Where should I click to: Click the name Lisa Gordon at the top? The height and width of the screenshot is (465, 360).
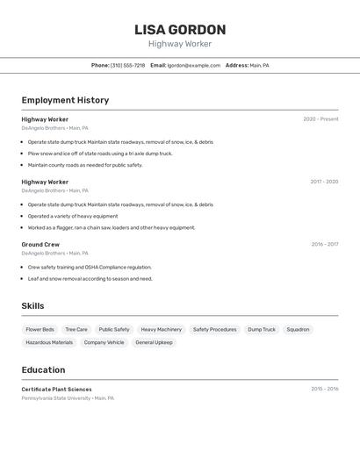point(180,30)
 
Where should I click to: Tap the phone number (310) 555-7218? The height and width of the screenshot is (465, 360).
point(127,65)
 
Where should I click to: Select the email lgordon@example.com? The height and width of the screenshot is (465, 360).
point(194,65)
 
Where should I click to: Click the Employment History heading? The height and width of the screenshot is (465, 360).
point(65,100)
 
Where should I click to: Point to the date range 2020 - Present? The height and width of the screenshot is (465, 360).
point(320,119)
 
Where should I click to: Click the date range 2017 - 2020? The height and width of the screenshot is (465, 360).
point(324,182)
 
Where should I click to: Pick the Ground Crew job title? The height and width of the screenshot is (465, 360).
point(40,245)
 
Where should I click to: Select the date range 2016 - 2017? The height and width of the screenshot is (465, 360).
point(325,245)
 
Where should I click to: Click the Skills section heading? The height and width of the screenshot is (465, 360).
point(32,306)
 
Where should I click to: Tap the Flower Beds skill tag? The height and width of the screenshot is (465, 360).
point(40,330)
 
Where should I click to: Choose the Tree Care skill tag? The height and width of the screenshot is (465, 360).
point(76,330)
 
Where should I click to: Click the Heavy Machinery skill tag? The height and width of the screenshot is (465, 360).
point(161,330)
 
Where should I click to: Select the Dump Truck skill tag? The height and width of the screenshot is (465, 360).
point(262,330)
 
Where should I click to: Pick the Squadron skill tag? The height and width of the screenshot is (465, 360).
point(298,330)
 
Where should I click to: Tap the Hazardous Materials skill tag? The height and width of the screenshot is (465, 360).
point(49,343)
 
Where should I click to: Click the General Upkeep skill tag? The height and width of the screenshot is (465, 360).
point(154,343)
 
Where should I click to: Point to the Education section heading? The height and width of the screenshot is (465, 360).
point(43,369)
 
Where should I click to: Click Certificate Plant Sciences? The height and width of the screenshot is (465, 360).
point(56,389)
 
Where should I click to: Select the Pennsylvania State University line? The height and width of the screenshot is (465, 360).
point(68,398)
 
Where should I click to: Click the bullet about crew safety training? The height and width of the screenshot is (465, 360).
point(90,267)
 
